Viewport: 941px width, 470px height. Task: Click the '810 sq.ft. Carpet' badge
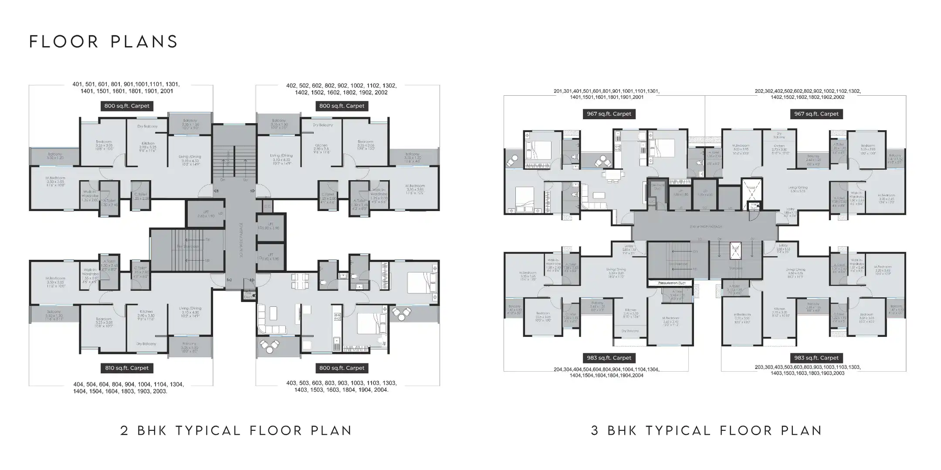(x=127, y=368)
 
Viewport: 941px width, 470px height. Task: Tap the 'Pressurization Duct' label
(x=670, y=283)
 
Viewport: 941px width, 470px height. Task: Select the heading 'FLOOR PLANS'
(x=104, y=42)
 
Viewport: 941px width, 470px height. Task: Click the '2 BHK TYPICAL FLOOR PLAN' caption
(x=236, y=431)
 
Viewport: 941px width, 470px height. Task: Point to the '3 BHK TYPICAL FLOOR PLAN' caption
(x=707, y=431)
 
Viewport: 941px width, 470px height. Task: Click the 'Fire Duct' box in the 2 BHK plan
(x=248, y=295)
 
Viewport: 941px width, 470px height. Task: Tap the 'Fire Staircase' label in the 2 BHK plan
(x=188, y=247)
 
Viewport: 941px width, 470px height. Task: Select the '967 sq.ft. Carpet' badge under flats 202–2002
(x=816, y=114)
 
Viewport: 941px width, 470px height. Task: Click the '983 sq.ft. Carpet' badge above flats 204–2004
(x=609, y=358)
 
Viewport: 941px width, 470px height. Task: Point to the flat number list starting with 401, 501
(x=126, y=88)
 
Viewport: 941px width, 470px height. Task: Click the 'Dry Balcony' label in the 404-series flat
(x=146, y=344)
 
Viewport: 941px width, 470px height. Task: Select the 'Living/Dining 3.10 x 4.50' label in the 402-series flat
(x=281, y=158)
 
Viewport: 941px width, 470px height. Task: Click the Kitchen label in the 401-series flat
(x=148, y=146)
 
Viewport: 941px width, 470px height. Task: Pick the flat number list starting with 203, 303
(x=807, y=370)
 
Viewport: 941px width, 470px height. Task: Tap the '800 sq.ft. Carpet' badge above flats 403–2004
(x=342, y=368)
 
